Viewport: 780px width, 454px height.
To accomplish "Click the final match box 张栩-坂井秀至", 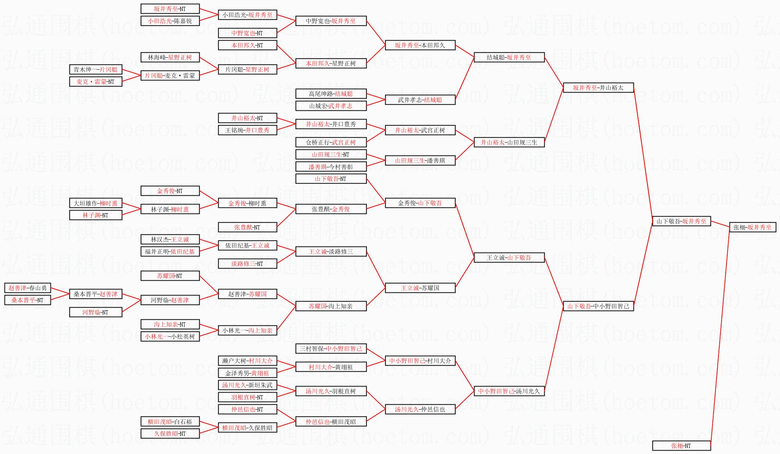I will pyautogui.click(x=752, y=227).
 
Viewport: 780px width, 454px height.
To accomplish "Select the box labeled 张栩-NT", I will pyautogui.click(x=681, y=446).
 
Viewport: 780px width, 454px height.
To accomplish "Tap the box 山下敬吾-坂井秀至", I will pyautogui.click(x=681, y=221).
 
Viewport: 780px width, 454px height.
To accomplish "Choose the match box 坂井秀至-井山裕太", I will pyautogui.click(x=598, y=88).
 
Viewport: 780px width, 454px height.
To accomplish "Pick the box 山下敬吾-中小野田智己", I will pyautogui.click(x=598, y=306).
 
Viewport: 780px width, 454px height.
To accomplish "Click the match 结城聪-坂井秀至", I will pyautogui.click(x=509, y=57).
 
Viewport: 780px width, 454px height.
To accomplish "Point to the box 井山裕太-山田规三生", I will pyautogui.click(x=509, y=142).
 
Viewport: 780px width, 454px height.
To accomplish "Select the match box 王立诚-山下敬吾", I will pyautogui.click(x=509, y=258).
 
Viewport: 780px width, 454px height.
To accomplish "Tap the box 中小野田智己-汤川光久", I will pyautogui.click(x=509, y=391).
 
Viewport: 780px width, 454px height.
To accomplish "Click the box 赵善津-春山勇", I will pyautogui.click(x=28, y=288).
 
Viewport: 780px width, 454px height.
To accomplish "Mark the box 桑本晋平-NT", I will pyautogui.click(x=28, y=300).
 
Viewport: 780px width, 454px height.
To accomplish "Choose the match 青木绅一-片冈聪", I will pyautogui.click(x=96, y=69).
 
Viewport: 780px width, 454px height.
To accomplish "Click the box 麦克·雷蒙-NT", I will pyautogui.click(x=96, y=82).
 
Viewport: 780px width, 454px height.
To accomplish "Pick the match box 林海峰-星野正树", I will pyautogui.click(x=170, y=57).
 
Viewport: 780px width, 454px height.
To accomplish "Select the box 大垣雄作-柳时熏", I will pyautogui.click(x=96, y=203).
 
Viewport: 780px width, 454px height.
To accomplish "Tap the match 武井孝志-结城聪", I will pyautogui.click(x=420, y=100).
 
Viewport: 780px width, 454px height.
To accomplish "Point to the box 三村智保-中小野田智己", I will pyautogui.click(x=331, y=349).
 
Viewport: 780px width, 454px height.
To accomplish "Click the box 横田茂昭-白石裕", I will pyautogui.click(x=170, y=421).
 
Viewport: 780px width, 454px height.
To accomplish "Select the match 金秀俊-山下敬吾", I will pyautogui.click(x=420, y=203).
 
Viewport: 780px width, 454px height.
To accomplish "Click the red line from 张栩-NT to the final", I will pyautogui.click(x=720, y=334).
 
